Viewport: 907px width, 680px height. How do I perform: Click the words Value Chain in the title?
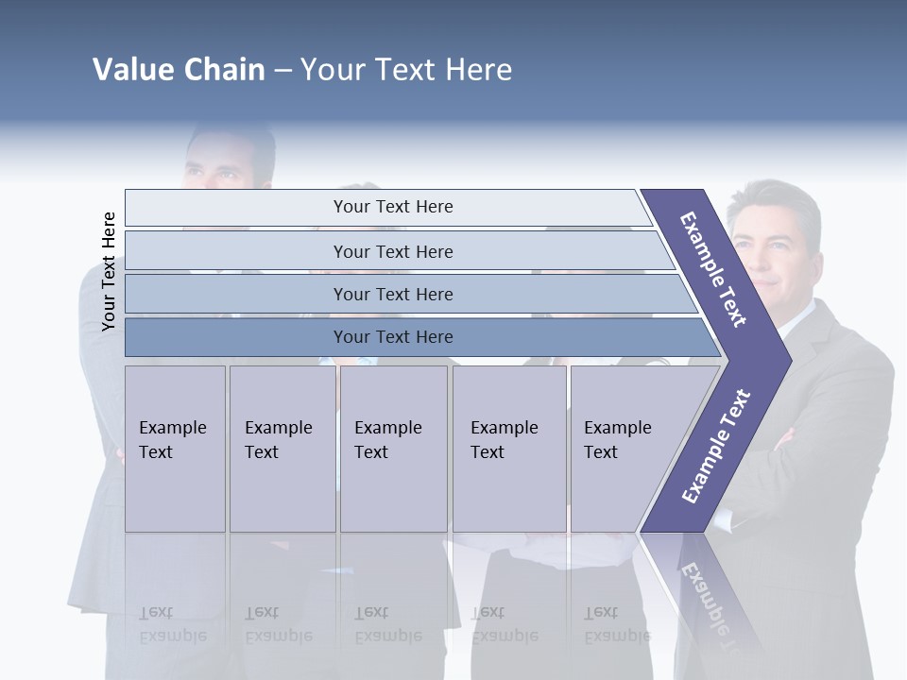[179, 70]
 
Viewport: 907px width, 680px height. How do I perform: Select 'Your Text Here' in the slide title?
[406, 70]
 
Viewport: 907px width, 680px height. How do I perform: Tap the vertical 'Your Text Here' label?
[109, 271]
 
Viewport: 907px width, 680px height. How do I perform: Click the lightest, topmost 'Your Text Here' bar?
[392, 207]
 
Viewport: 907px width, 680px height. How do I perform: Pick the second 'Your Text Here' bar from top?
[392, 251]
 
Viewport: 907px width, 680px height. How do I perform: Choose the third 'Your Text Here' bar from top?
[392, 294]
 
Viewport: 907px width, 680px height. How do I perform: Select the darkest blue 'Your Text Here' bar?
[392, 337]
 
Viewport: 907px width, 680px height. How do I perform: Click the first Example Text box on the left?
[175, 448]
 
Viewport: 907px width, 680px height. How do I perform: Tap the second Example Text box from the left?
[282, 448]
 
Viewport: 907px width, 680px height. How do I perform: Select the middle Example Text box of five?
[393, 448]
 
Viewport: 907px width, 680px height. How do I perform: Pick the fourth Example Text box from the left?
[508, 448]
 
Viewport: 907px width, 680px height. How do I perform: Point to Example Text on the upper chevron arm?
[713, 268]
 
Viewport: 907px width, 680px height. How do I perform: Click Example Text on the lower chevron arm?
[715, 447]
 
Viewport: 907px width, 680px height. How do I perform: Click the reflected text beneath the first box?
[172, 624]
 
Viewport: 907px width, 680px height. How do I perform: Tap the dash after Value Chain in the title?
[282, 71]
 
